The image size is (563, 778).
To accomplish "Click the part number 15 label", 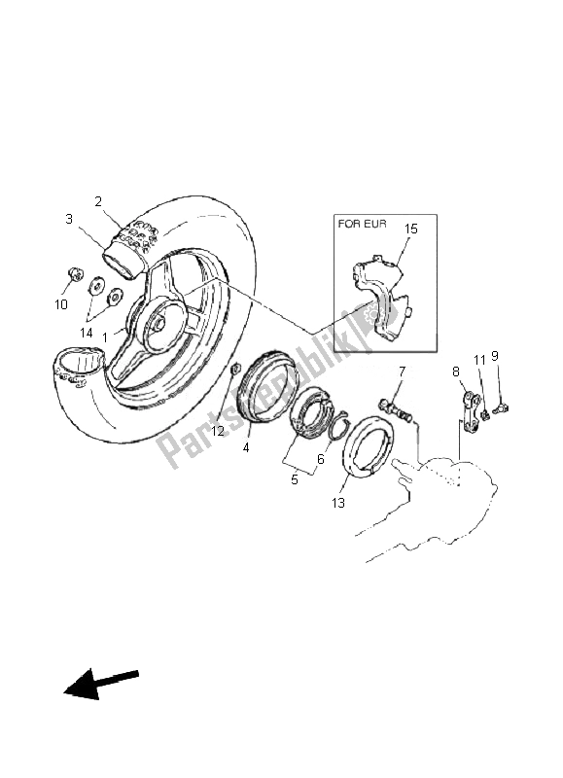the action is pyautogui.click(x=411, y=230).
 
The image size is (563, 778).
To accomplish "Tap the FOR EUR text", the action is pyautogui.click(x=362, y=224).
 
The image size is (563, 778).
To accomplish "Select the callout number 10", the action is pyautogui.click(x=61, y=303).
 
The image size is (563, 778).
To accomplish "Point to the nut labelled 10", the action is pyautogui.click(x=75, y=273).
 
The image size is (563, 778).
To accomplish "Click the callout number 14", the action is pyautogui.click(x=87, y=333).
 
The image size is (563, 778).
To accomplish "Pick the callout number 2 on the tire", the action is pyautogui.click(x=98, y=201).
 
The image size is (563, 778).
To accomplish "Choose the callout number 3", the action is pyautogui.click(x=69, y=219).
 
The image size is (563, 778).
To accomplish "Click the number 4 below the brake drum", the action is pyautogui.click(x=246, y=447).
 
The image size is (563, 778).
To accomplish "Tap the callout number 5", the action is pyautogui.click(x=295, y=479).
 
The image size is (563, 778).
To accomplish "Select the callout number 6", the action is pyautogui.click(x=321, y=459).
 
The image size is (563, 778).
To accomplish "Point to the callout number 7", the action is pyautogui.click(x=402, y=371).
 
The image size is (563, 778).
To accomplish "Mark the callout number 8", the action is pyautogui.click(x=456, y=371).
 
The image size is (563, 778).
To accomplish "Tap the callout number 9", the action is pyautogui.click(x=495, y=356).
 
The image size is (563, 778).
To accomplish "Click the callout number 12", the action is pyautogui.click(x=218, y=431).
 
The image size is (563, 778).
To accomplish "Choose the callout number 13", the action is pyautogui.click(x=337, y=503).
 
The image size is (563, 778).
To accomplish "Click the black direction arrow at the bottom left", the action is pyautogui.click(x=101, y=684).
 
